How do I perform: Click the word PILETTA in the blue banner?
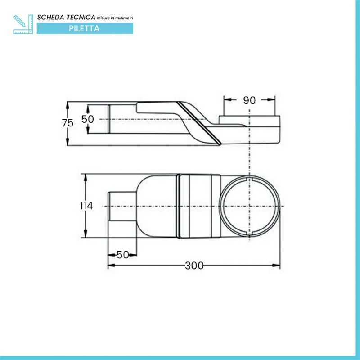(84, 28)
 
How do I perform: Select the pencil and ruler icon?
(23, 24)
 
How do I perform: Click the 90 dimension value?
(249, 100)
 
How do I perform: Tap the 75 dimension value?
(67, 123)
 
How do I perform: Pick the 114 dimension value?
(86, 206)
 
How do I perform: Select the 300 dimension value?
(194, 265)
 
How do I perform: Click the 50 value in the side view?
(88, 119)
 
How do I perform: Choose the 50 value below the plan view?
(122, 255)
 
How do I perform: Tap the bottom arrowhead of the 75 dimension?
(67, 141)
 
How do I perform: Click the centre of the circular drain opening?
(250, 206)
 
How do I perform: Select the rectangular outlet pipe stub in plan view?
(122, 206)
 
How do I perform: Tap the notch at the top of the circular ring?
(250, 179)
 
